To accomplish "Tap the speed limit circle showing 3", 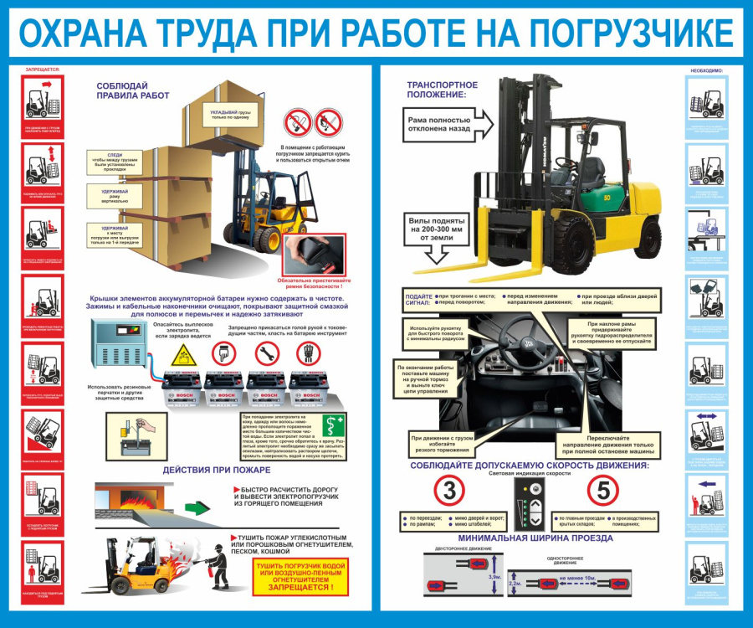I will pyautogui.click(x=451, y=492).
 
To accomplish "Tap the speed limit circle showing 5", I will pyautogui.click(x=603, y=492).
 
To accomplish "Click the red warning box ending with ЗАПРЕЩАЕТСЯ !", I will pyautogui.click(x=298, y=577).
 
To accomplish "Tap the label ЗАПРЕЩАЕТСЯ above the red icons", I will pyautogui.click(x=42, y=69).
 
